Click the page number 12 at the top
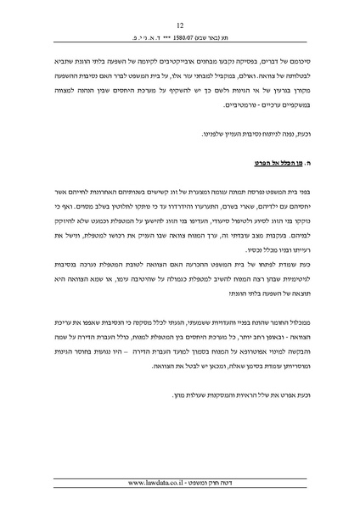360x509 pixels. [x=180, y=25]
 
